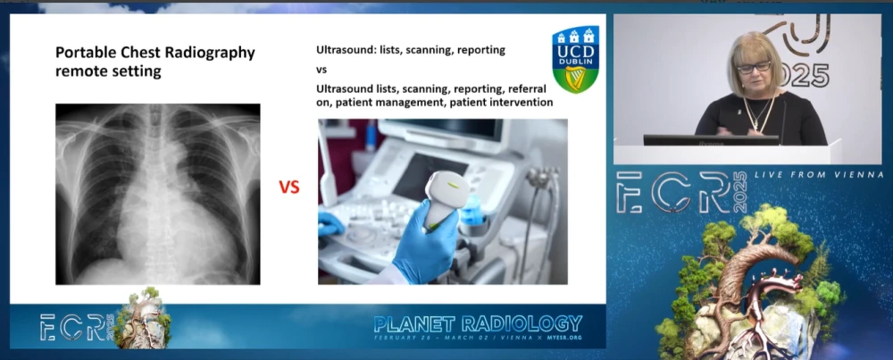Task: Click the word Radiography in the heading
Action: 211,53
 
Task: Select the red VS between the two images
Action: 289,188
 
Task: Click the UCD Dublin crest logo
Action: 575,59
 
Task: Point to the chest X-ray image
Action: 157,194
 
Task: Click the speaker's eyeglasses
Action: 755,67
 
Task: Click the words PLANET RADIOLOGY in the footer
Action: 478,323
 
